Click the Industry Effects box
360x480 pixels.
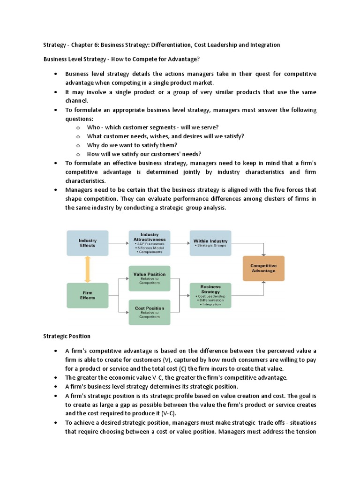pos(88,243)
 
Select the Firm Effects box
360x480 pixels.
pos(88,295)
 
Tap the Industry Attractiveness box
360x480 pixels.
pos(150,243)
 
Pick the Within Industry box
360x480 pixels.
pos(210,243)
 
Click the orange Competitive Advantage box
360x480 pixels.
pos(263,268)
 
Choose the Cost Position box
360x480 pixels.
pos(150,312)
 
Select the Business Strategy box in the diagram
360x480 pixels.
pos(210,295)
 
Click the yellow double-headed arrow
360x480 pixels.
pos(88,269)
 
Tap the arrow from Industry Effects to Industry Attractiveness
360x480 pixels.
pos(119,243)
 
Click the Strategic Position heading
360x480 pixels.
pos(67,336)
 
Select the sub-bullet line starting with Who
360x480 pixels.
pos(153,127)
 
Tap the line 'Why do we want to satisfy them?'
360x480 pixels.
pos(132,145)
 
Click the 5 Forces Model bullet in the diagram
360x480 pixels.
pos(150,248)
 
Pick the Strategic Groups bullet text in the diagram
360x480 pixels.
pos(211,245)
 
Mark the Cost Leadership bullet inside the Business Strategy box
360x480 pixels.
pos(211,296)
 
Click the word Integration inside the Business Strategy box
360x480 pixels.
pos(212,304)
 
